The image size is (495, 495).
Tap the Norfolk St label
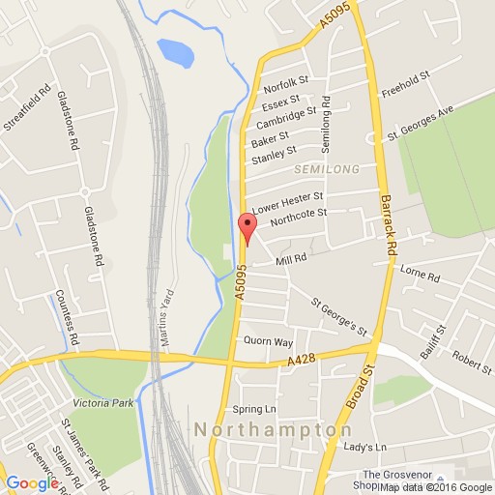point(283,84)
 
